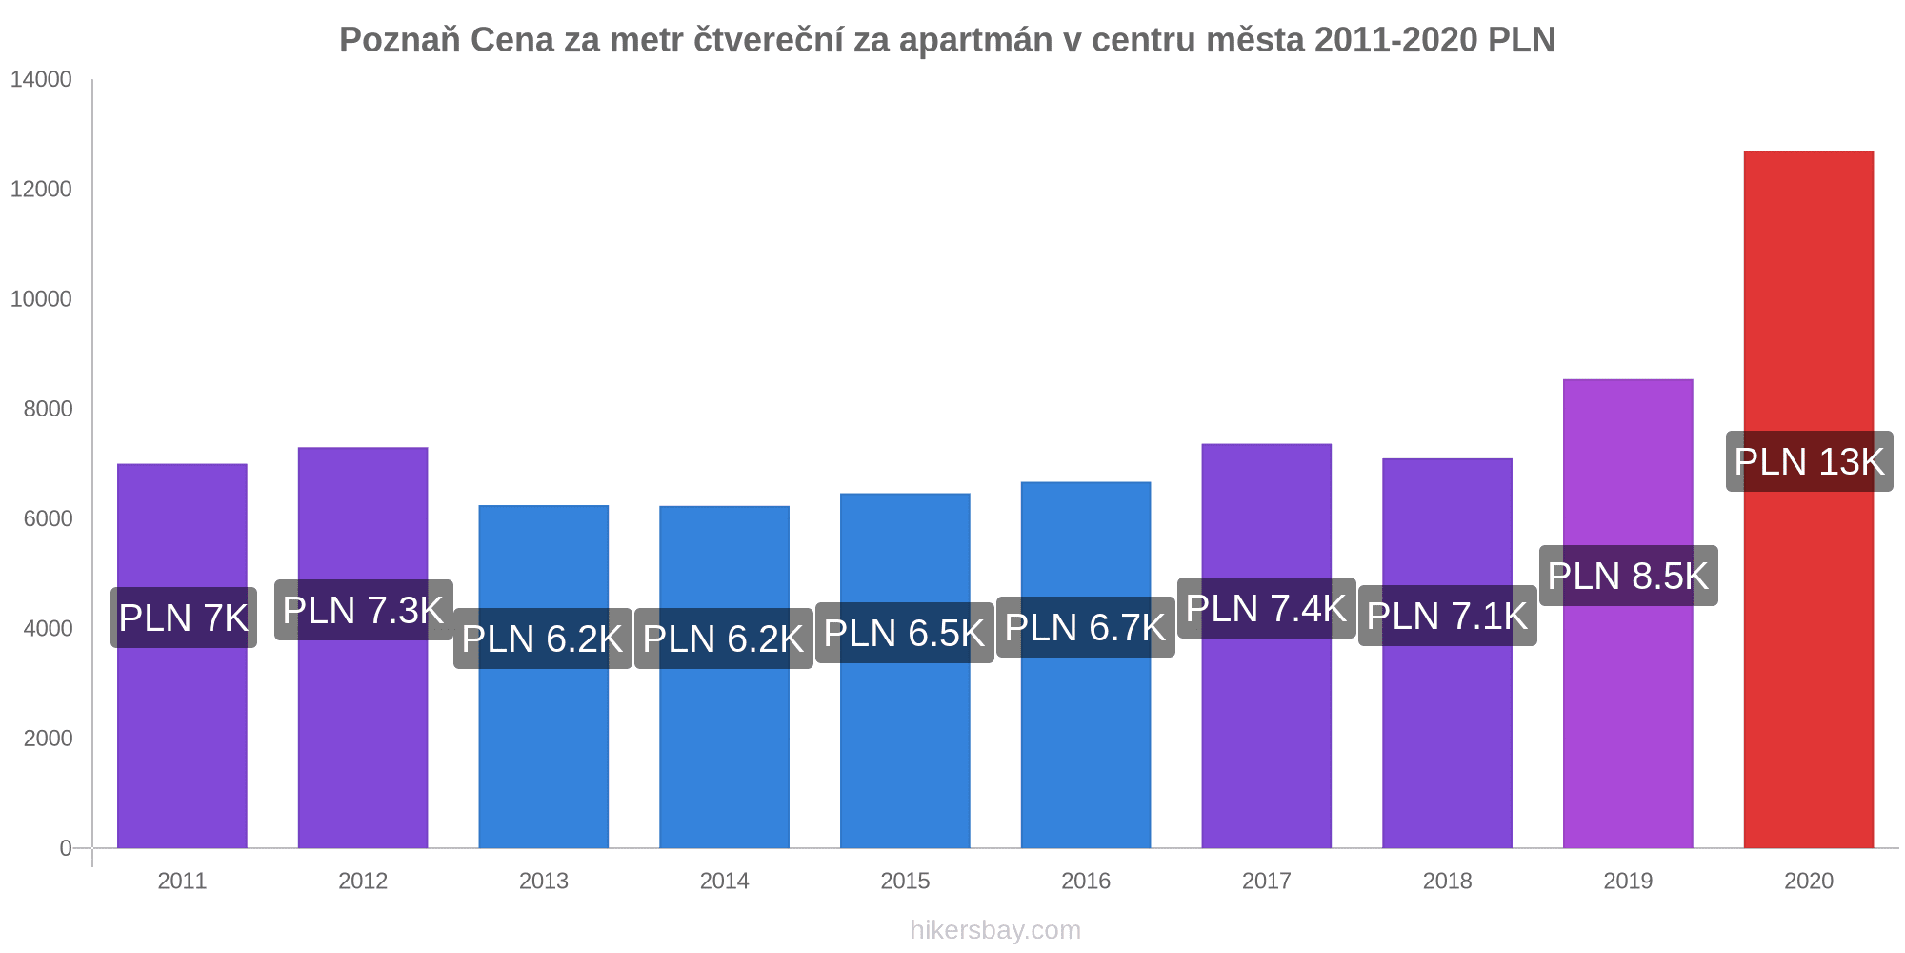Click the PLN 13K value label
[1809, 462]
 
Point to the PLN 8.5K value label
[1628, 577]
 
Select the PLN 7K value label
[183, 618]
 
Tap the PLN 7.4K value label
[1266, 609]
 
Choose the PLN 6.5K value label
[904, 634]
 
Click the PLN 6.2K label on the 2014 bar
[723, 639]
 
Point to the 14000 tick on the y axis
[41, 80]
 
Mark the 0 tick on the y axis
[66, 848]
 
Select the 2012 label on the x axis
[363, 882]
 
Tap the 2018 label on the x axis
[1447, 882]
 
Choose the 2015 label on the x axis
[905, 882]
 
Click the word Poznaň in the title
[400, 40]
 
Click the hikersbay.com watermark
[995, 930]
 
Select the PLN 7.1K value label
[1447, 617]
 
